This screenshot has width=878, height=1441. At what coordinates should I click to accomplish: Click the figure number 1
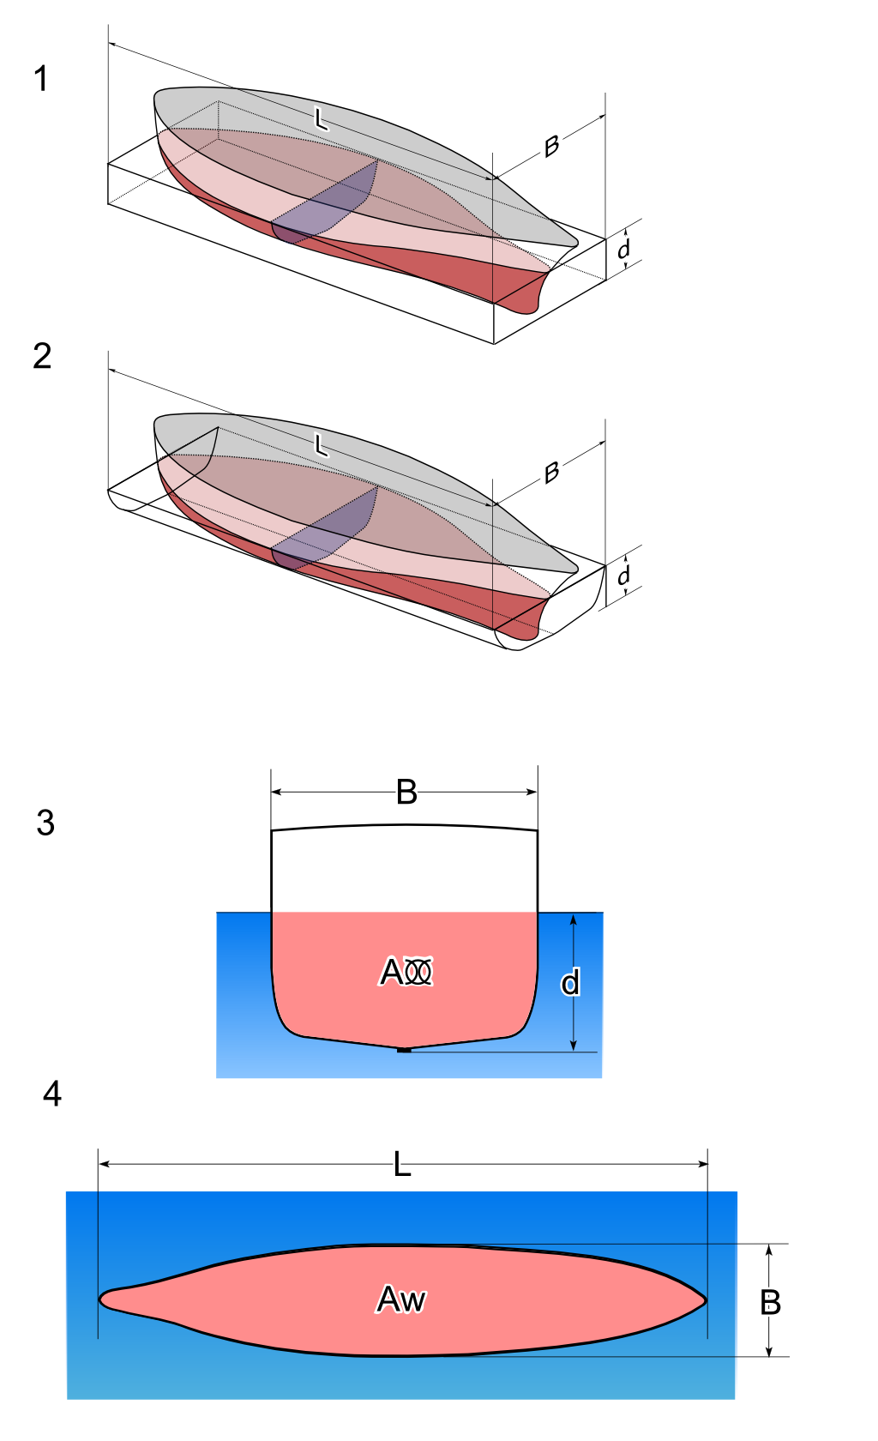coord(40,79)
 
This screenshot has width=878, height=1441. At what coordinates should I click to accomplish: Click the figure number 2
coord(42,356)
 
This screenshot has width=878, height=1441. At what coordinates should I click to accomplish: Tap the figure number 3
coord(45,823)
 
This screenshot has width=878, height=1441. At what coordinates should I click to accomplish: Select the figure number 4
coord(52,1094)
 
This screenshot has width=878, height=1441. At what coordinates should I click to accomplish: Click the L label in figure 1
coord(321,118)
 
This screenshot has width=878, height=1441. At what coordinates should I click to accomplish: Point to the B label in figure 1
coord(551,147)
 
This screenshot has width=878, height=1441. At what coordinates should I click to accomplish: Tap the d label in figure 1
coord(624,249)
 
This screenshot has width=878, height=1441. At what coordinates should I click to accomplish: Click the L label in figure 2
coord(321,445)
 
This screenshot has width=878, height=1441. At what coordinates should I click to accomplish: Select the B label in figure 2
coord(551,472)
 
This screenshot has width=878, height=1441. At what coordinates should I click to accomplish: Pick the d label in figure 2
coord(624,575)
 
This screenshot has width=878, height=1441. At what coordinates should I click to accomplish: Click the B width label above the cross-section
coord(406,793)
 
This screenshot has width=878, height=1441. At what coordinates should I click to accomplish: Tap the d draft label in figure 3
coord(570,983)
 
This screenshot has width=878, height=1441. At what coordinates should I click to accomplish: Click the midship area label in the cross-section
coord(406,972)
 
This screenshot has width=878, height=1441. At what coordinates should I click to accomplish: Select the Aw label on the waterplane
coord(400,1299)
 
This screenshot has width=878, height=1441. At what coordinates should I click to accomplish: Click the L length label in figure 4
coord(402,1166)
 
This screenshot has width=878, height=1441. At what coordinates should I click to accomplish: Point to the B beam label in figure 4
coord(771,1303)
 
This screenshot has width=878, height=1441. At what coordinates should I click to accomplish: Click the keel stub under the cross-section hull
coord(405,1049)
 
